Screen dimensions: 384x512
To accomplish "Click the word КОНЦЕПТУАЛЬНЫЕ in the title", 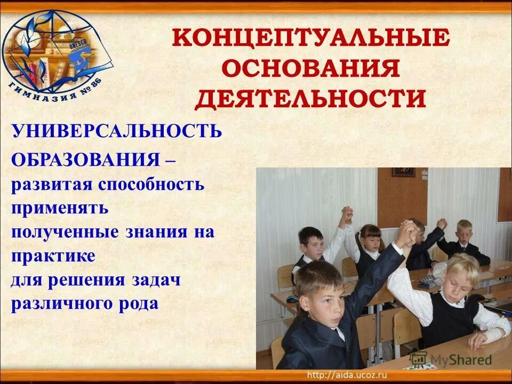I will point(311,39).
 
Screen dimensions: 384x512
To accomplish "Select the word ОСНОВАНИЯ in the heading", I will point(311,69).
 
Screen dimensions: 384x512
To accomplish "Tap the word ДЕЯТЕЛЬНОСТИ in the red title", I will point(311,99).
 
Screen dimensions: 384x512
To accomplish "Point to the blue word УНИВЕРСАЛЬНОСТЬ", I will point(116,131).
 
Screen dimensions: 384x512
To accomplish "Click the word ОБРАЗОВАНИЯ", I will point(85,159).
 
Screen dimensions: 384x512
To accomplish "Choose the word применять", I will point(59,208).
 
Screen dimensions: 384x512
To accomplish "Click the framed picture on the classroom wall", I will point(403,172).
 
